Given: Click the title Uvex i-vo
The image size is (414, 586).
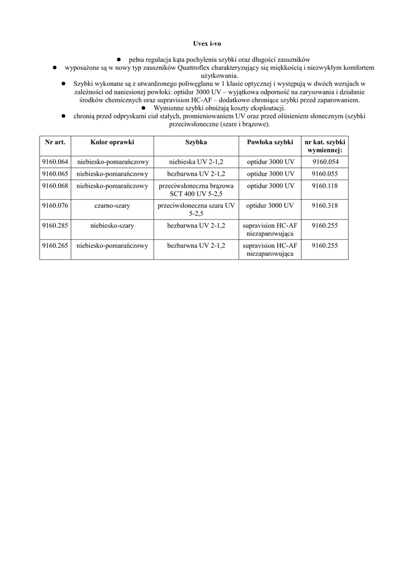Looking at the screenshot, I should [206, 43].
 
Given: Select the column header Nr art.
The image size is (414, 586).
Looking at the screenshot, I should [55, 141].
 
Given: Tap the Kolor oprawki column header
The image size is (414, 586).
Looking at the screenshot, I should [112, 141].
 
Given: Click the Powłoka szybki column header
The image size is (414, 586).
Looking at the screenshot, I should [270, 141].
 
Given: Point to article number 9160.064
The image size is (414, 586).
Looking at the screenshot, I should [55, 162].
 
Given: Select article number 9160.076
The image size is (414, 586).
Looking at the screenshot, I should [55, 205].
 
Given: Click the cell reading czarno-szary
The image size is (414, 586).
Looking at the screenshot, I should [112, 205].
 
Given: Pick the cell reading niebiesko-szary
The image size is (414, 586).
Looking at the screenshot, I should [112, 225].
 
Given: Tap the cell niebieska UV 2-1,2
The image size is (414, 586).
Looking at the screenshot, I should [196, 162].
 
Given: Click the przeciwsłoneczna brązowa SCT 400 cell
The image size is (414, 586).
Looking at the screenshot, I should [196, 190].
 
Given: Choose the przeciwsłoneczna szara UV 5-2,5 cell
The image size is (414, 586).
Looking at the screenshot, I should [196, 209].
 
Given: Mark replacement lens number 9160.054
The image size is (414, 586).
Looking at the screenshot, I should [325, 162].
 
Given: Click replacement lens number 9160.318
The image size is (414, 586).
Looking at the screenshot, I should [325, 205].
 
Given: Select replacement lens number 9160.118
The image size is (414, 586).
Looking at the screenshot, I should [325, 186].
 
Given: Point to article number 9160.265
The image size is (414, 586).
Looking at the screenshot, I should [55, 246].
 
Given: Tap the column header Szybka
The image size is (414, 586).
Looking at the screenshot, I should [196, 141].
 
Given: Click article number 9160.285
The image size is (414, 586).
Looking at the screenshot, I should [55, 225].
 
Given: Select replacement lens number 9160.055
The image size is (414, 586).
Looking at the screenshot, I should [325, 174].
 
